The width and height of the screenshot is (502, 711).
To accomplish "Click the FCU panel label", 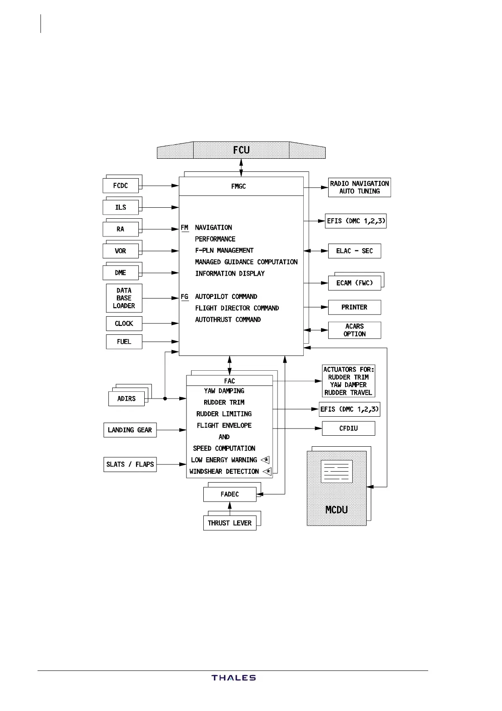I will pos(241,150).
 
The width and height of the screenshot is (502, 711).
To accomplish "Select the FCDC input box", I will pos(121,186).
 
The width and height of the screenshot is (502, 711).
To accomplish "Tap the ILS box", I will pos(121,207).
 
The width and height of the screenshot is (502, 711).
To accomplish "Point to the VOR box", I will pos(121,251).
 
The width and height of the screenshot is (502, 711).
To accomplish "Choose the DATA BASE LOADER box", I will pos(124,298).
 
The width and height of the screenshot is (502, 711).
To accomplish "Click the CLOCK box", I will pos(124,323).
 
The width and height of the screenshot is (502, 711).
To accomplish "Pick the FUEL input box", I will pos(124,342).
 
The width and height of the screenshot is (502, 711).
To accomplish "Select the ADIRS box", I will pos(127,399).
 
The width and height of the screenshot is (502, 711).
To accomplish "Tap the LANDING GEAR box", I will pos(130,430).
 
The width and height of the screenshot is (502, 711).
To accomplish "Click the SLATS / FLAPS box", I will pos(130,464).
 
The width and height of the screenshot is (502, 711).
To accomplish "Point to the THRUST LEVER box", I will pos(229,523).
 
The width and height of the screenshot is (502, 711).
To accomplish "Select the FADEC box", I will pos(229,494).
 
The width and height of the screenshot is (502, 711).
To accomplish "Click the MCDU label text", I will pos(337,510).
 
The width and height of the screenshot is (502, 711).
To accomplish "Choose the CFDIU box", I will pos(348,428).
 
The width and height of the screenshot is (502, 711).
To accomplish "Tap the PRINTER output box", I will pos(354,307).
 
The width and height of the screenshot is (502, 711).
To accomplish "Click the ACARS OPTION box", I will pos(354,330).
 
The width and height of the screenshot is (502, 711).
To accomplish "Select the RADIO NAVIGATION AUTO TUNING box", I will pos(359,187).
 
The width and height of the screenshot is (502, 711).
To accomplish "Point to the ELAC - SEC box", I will pos(354,251).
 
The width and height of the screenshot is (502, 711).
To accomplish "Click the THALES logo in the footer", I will pos(234,678).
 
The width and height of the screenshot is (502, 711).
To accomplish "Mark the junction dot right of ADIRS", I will pos(165,399).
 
